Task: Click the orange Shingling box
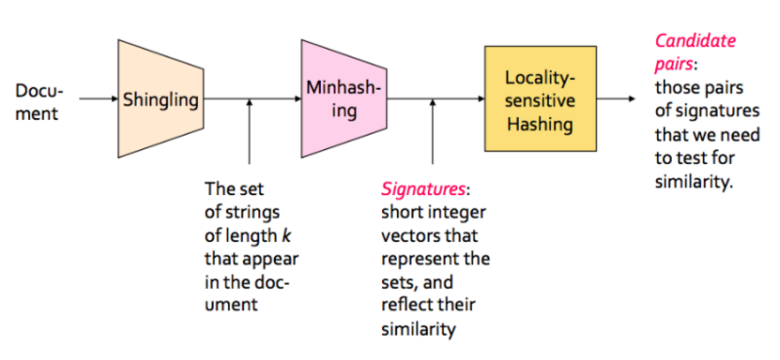[x=160, y=99]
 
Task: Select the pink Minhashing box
[x=344, y=99]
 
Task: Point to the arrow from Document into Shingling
[x=97, y=99]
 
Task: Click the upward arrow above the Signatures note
[x=433, y=127]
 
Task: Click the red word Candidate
[x=695, y=41]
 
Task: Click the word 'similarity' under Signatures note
[x=418, y=329]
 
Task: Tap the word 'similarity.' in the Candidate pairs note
[x=692, y=181]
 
